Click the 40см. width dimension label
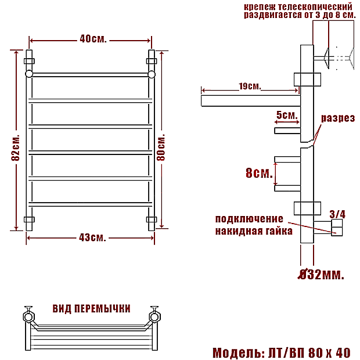pyautogui.click(x=93, y=39)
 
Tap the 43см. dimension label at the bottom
pyautogui.click(x=92, y=237)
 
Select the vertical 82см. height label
pyautogui.click(x=16, y=147)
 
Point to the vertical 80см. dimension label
pyautogui.click(x=161, y=147)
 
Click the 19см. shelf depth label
pyautogui.click(x=250, y=87)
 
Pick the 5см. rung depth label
pyautogui.click(x=287, y=115)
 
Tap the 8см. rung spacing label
pyautogui.click(x=259, y=173)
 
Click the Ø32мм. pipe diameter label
pyautogui.click(x=321, y=275)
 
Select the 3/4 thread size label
pyautogui.click(x=337, y=214)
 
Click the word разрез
pyautogui.click(x=338, y=118)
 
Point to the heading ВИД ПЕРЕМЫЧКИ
pyautogui.click(x=91, y=309)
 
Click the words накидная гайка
pyautogui.click(x=254, y=231)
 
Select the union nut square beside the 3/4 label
pyautogui.click(x=337, y=228)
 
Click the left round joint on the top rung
pyautogui.click(x=29, y=74)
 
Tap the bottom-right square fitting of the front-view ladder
pyautogui.click(x=152, y=219)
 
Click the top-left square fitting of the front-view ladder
pyautogui.click(x=29, y=61)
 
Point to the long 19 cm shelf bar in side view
pyautogui.click(x=251, y=101)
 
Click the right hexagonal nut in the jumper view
pyautogui.click(x=155, y=317)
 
